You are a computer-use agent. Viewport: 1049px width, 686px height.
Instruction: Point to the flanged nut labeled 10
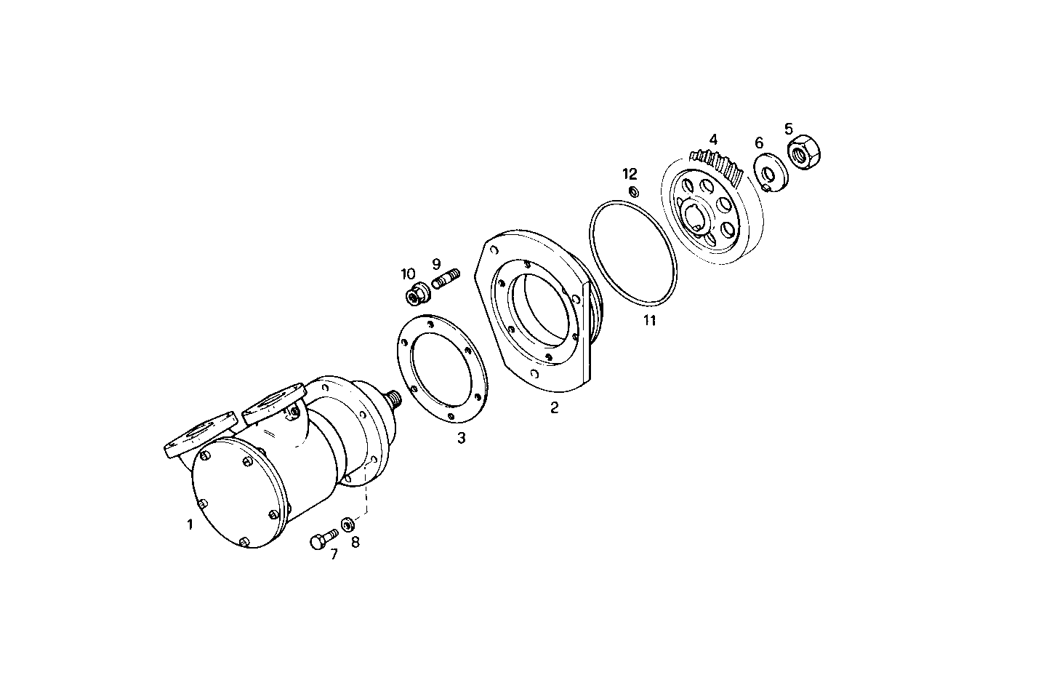[417, 295]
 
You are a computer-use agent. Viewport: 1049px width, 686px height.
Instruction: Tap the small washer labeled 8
[348, 524]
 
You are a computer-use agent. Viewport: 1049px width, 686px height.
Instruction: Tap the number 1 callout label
[190, 524]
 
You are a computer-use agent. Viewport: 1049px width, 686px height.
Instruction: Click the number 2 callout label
[554, 408]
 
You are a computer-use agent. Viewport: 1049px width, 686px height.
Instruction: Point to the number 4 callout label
[713, 139]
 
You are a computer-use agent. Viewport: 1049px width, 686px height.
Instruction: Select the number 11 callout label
[649, 321]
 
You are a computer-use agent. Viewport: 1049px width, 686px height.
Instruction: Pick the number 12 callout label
[630, 174]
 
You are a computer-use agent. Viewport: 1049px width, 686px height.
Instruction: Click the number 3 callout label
[461, 439]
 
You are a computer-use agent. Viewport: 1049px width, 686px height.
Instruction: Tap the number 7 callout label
[334, 555]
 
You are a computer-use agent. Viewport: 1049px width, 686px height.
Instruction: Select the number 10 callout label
[408, 274]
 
